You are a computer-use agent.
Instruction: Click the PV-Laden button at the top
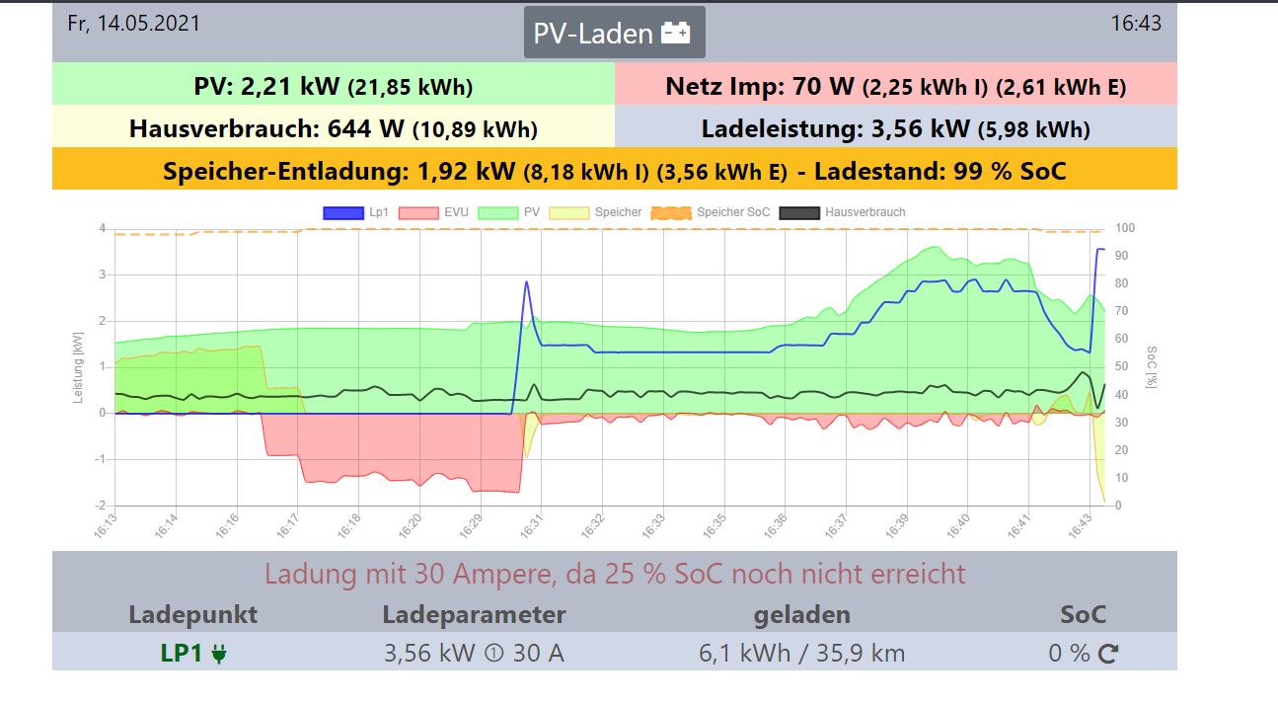(614, 34)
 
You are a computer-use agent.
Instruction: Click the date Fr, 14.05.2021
(133, 23)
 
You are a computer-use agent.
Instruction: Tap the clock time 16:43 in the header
(1136, 23)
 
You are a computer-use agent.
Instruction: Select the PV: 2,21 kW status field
(334, 86)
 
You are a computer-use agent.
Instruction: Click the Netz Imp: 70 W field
(895, 86)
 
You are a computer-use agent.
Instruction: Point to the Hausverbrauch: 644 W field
(334, 128)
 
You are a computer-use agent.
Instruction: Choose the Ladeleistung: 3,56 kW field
(895, 128)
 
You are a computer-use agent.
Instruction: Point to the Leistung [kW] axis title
(79, 367)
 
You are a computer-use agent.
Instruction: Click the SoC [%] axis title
(1151, 367)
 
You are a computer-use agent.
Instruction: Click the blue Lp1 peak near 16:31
(526, 282)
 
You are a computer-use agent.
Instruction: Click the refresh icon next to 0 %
(1107, 653)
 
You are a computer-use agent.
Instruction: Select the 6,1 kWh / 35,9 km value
(801, 653)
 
